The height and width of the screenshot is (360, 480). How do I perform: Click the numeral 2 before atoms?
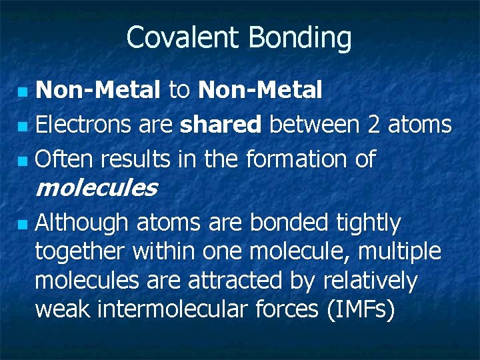pos(374,125)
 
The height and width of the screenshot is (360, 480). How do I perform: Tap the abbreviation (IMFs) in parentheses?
pos(356,310)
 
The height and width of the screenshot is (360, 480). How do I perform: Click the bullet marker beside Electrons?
pos(23,125)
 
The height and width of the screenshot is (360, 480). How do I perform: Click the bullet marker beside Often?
pos(23,161)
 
